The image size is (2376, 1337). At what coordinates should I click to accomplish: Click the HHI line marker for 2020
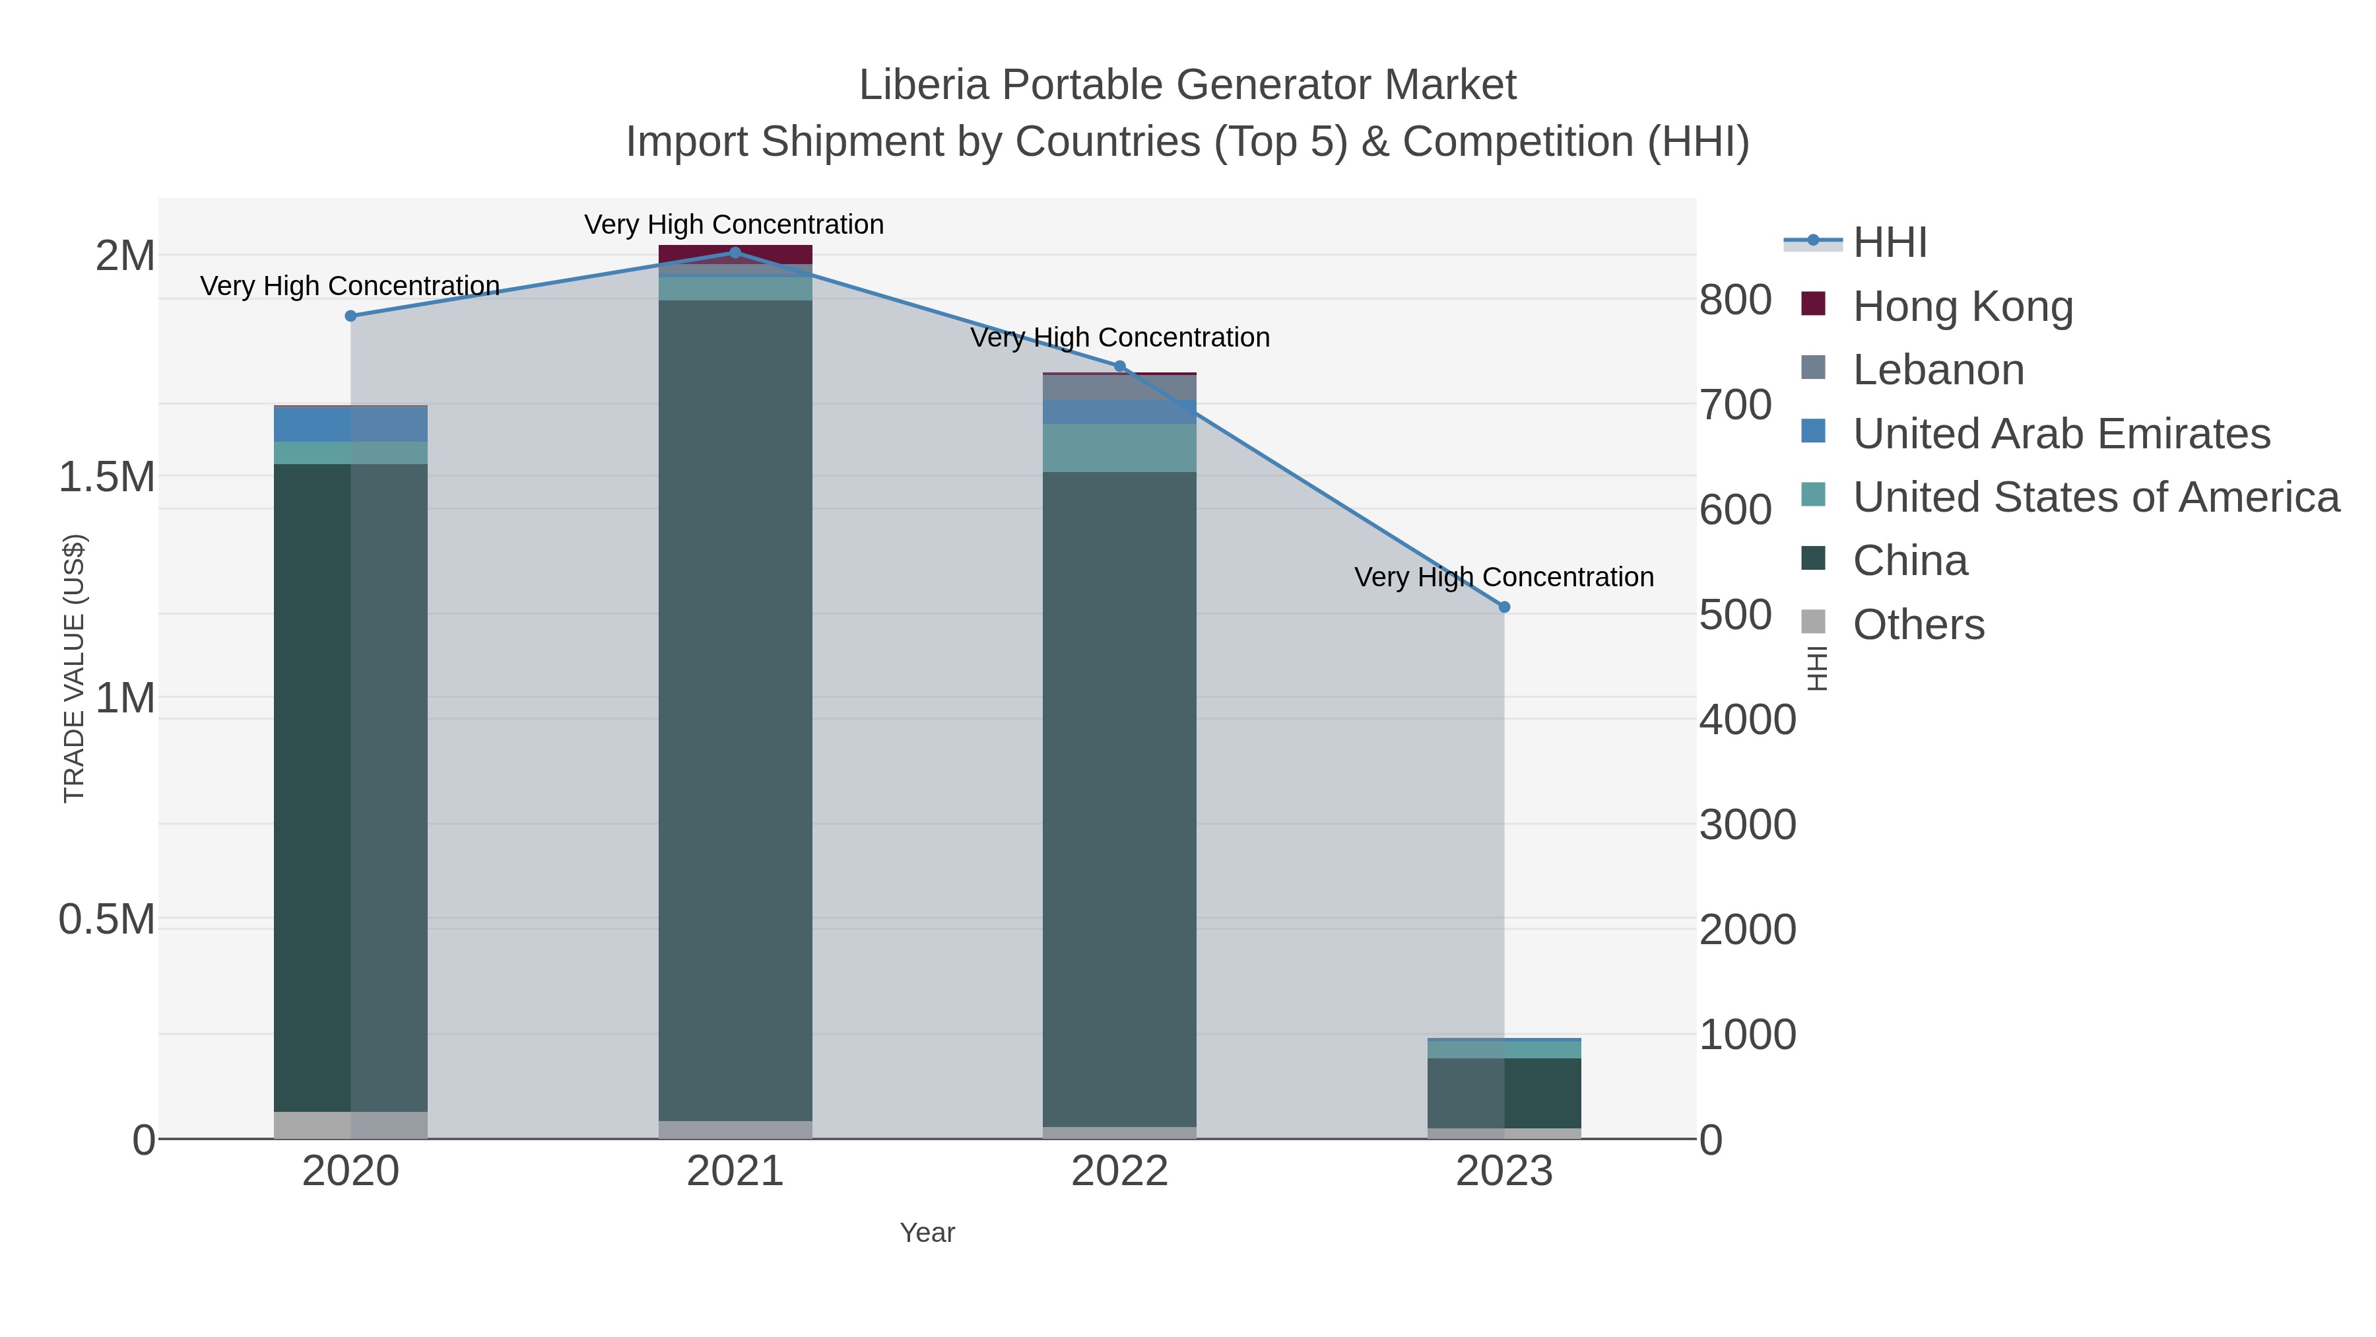pyautogui.click(x=350, y=316)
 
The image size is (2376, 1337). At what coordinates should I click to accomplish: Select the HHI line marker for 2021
pyautogui.click(x=735, y=252)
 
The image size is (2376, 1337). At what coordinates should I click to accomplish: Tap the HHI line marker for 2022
pyautogui.click(x=1120, y=366)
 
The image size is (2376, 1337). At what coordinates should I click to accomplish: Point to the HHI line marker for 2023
pyautogui.click(x=1504, y=607)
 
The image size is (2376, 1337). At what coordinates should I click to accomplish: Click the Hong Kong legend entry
pyautogui.click(x=1962, y=306)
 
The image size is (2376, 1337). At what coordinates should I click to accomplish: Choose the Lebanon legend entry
pyautogui.click(x=1938, y=370)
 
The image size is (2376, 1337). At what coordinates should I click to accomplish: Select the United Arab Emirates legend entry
pyautogui.click(x=2061, y=434)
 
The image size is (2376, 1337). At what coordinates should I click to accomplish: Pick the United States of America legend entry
pyautogui.click(x=2095, y=497)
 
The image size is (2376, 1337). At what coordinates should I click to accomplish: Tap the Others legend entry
pyautogui.click(x=1917, y=625)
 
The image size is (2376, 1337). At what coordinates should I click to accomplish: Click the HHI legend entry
pyautogui.click(x=1889, y=243)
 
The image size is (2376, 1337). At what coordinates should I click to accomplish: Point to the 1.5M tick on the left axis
pyautogui.click(x=107, y=477)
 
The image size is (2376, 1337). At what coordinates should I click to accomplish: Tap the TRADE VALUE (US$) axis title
pyautogui.click(x=74, y=668)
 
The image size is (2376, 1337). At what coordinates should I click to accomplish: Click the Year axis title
pyautogui.click(x=927, y=1233)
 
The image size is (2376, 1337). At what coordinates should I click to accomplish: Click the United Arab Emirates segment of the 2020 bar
pyautogui.click(x=350, y=425)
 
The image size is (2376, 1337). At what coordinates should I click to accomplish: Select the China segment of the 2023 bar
pyautogui.click(x=1504, y=1093)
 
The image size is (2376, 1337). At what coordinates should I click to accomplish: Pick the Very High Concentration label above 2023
pyautogui.click(x=1503, y=578)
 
